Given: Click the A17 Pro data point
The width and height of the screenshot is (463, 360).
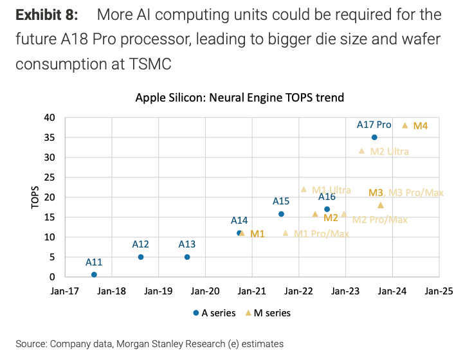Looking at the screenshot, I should pos(374,138).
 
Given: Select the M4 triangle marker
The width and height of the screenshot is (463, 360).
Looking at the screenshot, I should pos(404,125).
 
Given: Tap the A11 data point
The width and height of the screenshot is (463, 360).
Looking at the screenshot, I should pos(94,274).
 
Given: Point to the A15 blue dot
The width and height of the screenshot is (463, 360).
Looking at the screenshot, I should pos(281,214).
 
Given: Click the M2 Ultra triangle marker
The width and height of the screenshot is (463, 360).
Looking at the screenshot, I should pos(361,151).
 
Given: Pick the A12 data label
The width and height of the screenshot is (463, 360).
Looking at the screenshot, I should pos(140,244).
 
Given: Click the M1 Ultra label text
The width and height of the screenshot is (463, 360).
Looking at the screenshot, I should pos(331,190).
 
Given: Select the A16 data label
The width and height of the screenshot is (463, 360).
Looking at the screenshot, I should pos(327,197).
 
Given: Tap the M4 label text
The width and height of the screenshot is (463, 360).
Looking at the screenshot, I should pos(421,126).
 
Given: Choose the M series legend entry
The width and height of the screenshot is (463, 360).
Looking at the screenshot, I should pos(269,313).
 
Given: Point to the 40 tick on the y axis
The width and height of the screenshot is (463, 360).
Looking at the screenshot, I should pos(50,118).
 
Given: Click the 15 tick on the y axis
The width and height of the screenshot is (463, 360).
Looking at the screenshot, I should pos(50,217).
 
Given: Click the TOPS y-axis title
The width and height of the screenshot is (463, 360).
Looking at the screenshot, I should pos(35,197).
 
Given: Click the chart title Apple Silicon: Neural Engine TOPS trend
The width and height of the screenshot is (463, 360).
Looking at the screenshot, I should pos(240,98).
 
